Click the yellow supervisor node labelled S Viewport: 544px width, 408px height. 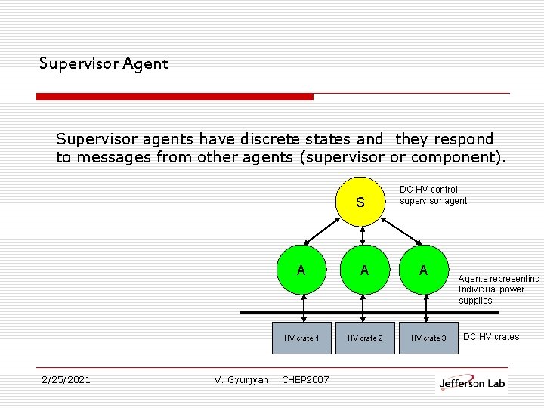[x=360, y=202]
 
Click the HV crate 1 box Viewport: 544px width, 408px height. [x=301, y=338]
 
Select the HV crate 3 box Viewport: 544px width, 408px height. [x=428, y=338]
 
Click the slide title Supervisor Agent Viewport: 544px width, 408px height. [x=104, y=63]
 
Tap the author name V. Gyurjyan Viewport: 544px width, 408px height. [x=241, y=379]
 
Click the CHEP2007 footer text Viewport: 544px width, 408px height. [x=305, y=379]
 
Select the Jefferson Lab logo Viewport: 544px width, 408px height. [x=472, y=382]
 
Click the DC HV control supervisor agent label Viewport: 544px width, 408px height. [x=433, y=195]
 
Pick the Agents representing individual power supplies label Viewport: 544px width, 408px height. [x=499, y=289]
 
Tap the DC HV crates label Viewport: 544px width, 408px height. [x=491, y=337]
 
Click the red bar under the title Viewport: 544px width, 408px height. [x=175, y=97]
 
